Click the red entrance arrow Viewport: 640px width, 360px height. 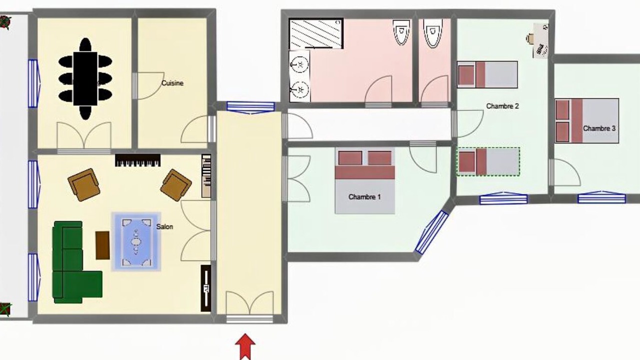pos(245,346)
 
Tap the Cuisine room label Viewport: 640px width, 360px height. pos(172,83)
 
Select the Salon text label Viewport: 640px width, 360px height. pos(164,226)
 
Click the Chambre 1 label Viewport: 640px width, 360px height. pos(364,197)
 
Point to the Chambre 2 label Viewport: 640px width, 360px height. pos(502,106)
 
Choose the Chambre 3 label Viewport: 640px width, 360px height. pos(599,128)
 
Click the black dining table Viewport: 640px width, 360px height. pos(85,78)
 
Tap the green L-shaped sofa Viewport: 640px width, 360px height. pos(77,262)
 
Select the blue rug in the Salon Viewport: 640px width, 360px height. pos(136,241)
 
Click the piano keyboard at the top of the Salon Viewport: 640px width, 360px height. pos(137,160)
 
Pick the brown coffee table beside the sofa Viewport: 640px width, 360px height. pos(102,245)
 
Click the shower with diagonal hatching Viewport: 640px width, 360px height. pos(316,33)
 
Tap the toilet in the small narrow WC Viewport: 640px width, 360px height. pos(433,32)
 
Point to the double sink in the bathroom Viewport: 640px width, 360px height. pos(299,76)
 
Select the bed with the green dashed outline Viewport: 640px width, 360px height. pos(488,161)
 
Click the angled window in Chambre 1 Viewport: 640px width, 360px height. pos(431,232)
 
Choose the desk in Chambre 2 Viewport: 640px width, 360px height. pos(540,41)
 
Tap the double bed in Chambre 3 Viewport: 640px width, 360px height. pos(587,120)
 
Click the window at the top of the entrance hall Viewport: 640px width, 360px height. pos(250,107)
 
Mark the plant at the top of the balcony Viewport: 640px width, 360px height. pos(5,22)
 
